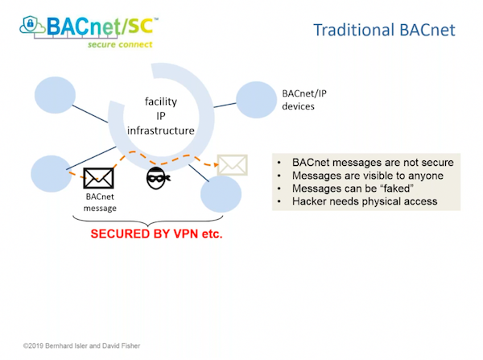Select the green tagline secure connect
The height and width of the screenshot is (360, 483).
pos(119,45)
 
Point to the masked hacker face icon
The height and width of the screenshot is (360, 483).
pos(158,178)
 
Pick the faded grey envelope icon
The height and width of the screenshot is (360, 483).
pos(232,164)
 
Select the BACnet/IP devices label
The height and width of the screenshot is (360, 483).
pos(303,100)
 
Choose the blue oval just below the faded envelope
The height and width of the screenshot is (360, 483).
pos(221,193)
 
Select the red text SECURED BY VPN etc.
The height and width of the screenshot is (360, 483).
pos(155,237)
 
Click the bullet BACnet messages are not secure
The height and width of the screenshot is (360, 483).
pos(367,162)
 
